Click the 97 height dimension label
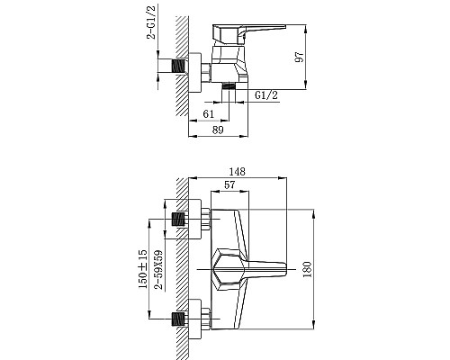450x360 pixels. point(299,57)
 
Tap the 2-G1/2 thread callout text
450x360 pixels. point(151,22)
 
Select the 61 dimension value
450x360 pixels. point(209,114)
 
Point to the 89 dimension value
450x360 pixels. point(218,130)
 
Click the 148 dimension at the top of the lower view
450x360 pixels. point(237,171)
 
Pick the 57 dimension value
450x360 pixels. point(229,185)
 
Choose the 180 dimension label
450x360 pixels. point(307,269)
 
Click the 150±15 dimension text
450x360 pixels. point(143,269)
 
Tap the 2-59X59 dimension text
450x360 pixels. point(158,269)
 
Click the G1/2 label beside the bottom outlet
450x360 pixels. point(266,95)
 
